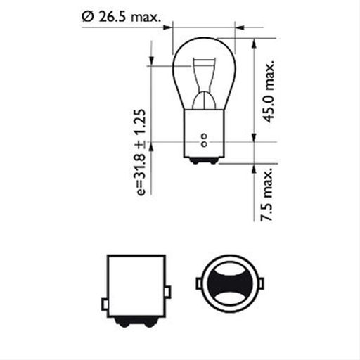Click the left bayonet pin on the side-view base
coord(104,304)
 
